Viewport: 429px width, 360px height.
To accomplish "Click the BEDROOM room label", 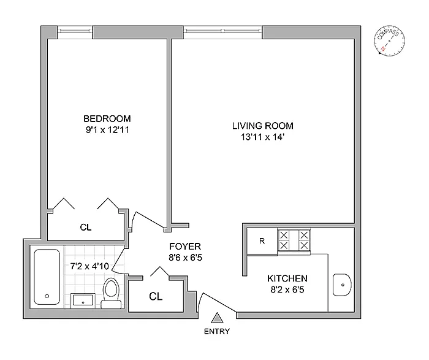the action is pyautogui.click(x=107, y=118).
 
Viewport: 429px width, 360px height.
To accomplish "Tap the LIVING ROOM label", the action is pyautogui.click(x=263, y=126).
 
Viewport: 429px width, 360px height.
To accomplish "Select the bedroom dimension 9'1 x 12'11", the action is pyautogui.click(x=107, y=130).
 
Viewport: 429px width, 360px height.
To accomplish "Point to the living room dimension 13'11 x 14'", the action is pyautogui.click(x=262, y=137).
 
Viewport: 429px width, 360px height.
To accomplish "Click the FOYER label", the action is pyautogui.click(x=185, y=247).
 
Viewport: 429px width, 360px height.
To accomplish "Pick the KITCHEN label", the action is pyautogui.click(x=287, y=278).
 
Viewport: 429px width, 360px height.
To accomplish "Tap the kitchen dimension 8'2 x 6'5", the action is pyautogui.click(x=287, y=289).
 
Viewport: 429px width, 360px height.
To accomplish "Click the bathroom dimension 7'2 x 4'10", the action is pyautogui.click(x=89, y=266).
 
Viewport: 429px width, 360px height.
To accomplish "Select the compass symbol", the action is pyautogui.click(x=389, y=41).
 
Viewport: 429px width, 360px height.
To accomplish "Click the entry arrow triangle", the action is pyautogui.click(x=217, y=318).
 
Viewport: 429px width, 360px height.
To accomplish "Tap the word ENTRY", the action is pyautogui.click(x=217, y=332).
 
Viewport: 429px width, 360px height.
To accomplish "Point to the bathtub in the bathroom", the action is pyautogui.click(x=47, y=277).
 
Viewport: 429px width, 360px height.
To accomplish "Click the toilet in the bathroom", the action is pyautogui.click(x=111, y=293).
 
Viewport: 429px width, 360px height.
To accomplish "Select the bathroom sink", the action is pyautogui.click(x=83, y=301).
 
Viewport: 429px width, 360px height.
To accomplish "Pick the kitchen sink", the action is pyautogui.click(x=342, y=285).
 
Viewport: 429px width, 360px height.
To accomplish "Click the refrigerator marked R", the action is pyautogui.click(x=262, y=241).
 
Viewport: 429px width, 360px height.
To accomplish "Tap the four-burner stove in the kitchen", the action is pyautogui.click(x=294, y=240).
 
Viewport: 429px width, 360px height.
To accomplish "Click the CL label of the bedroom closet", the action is pyautogui.click(x=86, y=228).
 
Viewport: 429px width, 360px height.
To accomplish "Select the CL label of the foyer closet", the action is pyautogui.click(x=156, y=296).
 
